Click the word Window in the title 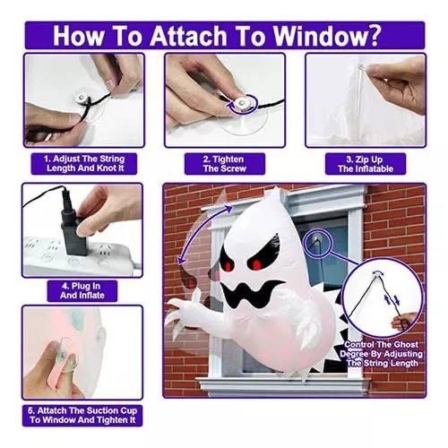320,36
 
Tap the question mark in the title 375,35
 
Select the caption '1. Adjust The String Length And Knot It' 84,163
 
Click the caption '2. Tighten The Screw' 225,164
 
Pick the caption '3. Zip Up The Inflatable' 366,164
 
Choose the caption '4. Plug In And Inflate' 82,291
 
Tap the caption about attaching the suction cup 82,415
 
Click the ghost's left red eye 229,265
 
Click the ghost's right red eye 256,263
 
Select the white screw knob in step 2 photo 242,103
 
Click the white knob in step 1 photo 82,98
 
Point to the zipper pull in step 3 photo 362,68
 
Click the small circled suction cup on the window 316,240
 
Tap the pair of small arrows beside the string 392,300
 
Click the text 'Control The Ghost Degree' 381,349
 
